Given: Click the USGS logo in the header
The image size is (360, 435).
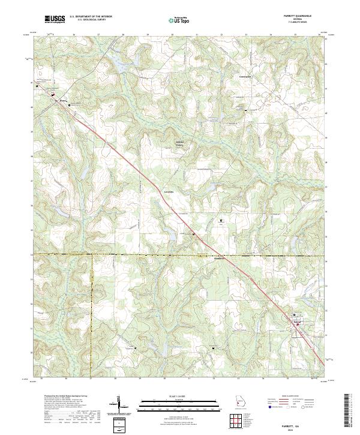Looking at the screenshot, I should pos(55,20).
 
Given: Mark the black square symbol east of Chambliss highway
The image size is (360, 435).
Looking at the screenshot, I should pos(220,221).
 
